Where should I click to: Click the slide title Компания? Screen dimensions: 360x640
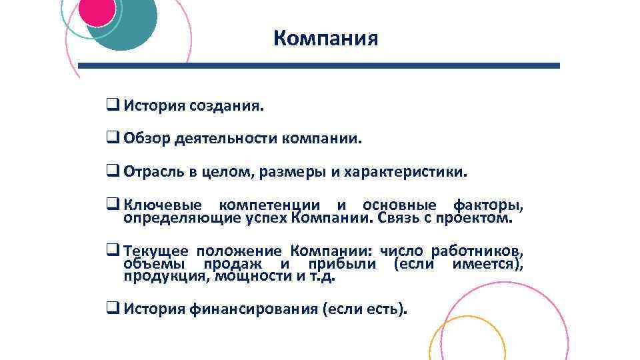[325, 38]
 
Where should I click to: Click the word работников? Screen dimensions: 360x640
[477, 252]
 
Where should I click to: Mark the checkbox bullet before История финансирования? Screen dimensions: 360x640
[112, 309]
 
